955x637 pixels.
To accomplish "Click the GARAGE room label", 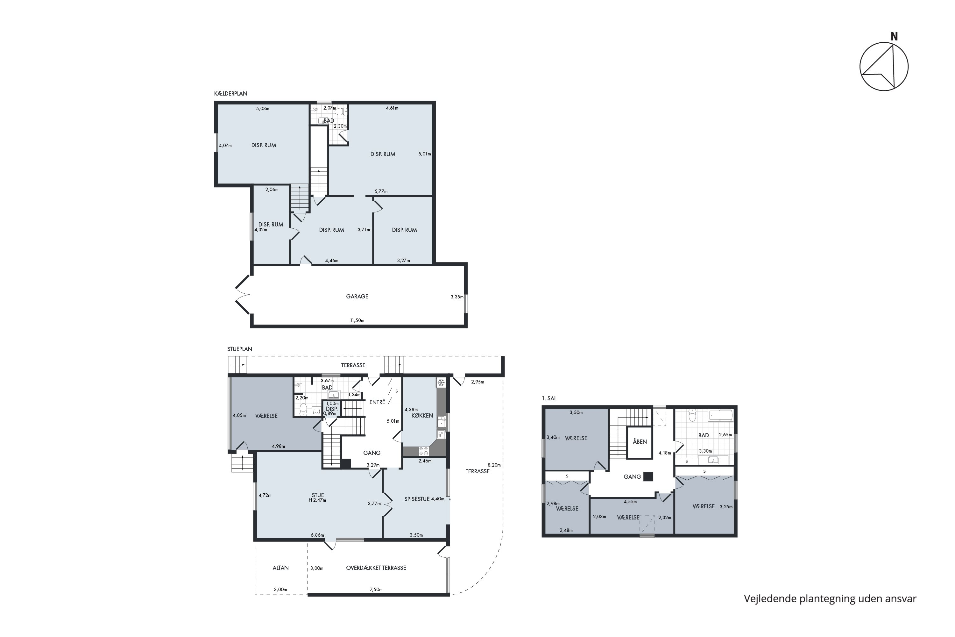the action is pos(357,297).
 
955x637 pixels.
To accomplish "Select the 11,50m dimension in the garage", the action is pos(357,320).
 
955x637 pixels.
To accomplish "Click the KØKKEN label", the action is pos(422,416).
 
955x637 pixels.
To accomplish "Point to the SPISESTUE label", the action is pos(417,499).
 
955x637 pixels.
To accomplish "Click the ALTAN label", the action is pos(280,568).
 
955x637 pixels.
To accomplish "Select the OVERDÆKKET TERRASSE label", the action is pos(376,568).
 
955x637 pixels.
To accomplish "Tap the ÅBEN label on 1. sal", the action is pos(640,441).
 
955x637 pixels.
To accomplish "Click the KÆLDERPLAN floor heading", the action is pos(230,93).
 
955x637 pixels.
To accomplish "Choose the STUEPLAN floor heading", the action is pos(240,349).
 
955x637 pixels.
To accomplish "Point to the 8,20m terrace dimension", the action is pos(494,465).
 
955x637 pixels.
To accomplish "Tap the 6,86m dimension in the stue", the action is pos(317,535).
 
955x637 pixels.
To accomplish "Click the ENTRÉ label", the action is pos(377,402).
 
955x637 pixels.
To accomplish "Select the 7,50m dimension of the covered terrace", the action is pos(376,590).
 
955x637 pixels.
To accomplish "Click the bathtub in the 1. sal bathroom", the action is pos(721,416).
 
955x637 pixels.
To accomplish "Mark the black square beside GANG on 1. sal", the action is pos(648,476).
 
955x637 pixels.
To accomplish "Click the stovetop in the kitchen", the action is pos(423,451).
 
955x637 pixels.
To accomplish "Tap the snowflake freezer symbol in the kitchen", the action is pos(441,383).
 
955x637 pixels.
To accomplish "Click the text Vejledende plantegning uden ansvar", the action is pos(830,599).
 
